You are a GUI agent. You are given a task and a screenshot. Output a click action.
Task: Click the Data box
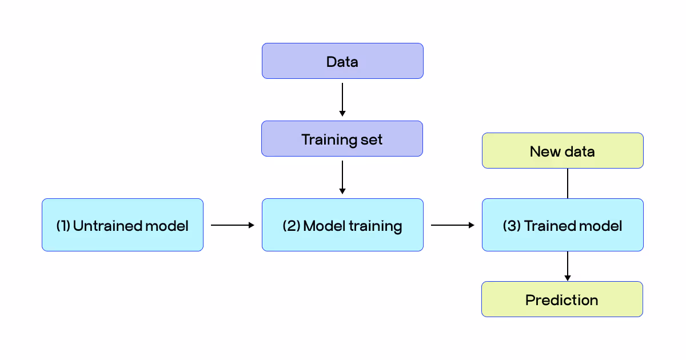[x=342, y=61]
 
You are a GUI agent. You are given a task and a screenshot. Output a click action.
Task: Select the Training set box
[x=342, y=139]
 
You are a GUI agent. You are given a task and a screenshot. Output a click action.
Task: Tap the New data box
[x=563, y=151]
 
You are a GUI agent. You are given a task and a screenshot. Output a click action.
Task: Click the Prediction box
[x=562, y=299]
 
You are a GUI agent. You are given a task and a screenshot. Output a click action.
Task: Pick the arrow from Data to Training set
[x=342, y=99]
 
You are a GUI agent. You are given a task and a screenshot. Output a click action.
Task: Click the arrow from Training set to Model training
[x=342, y=177]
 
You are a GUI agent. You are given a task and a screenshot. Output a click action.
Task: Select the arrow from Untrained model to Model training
[x=232, y=225]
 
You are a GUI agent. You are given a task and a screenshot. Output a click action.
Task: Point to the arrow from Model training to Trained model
[x=452, y=225]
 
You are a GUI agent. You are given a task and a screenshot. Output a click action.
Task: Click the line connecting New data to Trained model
[x=567, y=183]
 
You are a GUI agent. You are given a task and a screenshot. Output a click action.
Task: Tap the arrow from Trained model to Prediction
[x=567, y=266]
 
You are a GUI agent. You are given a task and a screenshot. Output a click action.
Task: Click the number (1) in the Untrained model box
[x=63, y=226]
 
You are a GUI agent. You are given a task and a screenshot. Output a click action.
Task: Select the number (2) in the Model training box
[x=291, y=226]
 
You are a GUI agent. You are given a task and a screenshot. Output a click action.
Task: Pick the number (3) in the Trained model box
[x=511, y=226]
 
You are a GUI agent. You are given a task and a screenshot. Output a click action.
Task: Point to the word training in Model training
[x=376, y=226]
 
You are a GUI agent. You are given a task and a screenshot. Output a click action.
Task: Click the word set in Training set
[x=372, y=139]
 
